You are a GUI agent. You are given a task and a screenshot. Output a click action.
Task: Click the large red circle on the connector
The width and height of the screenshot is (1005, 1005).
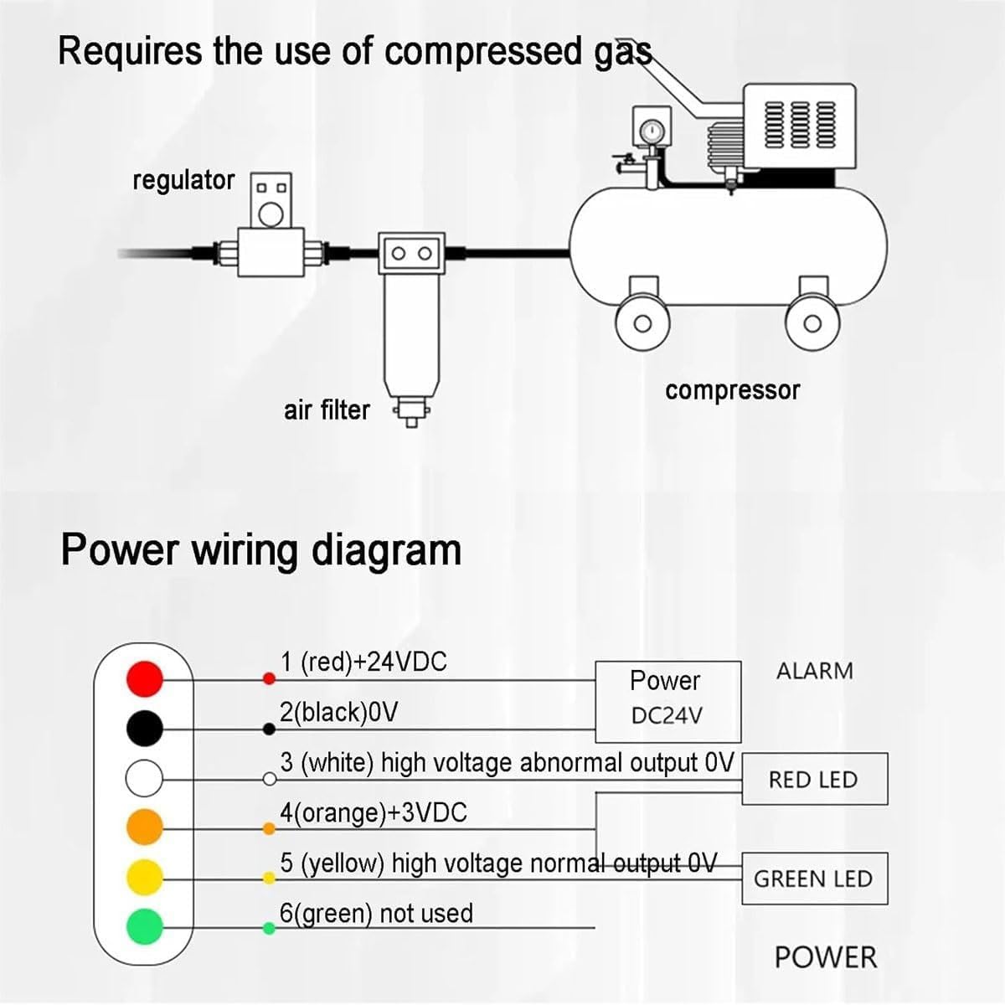tap(145, 678)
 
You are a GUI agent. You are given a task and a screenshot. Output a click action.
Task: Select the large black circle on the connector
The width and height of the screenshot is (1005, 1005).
tap(145, 728)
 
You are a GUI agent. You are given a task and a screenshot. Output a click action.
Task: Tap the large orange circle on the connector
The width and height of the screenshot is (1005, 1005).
tap(145, 827)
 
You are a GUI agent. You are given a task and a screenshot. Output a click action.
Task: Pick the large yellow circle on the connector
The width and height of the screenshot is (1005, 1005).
tap(145, 877)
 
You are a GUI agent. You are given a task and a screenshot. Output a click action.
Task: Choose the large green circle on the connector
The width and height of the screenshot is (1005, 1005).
tap(145, 927)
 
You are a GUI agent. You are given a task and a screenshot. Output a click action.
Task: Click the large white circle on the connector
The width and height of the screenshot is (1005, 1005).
tap(144, 778)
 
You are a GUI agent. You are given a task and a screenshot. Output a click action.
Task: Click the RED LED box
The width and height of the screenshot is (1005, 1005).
tap(815, 779)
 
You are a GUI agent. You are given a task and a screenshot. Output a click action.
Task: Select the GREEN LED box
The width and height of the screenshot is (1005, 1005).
tap(815, 879)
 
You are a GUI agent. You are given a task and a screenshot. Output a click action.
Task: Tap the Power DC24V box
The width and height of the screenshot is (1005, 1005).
tap(668, 702)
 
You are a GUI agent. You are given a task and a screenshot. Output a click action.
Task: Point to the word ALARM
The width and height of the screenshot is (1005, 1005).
tap(815, 671)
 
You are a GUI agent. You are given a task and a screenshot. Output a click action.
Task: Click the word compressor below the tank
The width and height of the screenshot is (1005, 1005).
tap(732, 391)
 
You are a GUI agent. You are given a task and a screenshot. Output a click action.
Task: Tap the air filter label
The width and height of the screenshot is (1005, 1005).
tap(327, 410)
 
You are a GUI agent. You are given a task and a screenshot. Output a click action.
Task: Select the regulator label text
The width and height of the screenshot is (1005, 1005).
tap(183, 181)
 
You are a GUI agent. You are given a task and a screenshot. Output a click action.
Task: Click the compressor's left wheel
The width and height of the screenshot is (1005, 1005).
tap(642, 324)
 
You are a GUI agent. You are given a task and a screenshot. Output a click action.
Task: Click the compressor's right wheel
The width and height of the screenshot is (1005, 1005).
tap(812, 324)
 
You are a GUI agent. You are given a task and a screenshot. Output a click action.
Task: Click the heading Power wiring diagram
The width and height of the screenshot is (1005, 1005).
tap(261, 551)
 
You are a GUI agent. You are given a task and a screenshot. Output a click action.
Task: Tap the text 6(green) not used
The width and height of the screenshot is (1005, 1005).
tap(376, 914)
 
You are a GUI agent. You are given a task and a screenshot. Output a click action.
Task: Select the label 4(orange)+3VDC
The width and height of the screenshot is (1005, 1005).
tap(374, 813)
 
